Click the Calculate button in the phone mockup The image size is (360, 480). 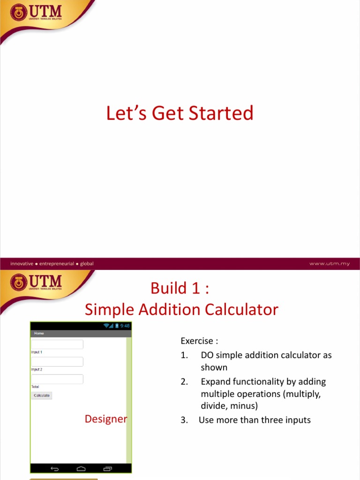click(42, 396)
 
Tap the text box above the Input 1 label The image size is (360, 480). click(57, 345)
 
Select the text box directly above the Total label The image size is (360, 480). click(57, 379)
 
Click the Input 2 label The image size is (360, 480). click(37, 369)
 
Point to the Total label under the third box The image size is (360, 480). click(35, 387)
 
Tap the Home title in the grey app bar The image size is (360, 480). click(39, 333)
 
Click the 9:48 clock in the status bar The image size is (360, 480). click(125, 326)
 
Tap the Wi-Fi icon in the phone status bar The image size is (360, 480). click(106, 326)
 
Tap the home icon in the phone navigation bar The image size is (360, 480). click(81, 468)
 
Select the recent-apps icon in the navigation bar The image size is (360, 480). click(108, 468)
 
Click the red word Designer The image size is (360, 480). click(106, 419)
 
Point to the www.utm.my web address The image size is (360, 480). click(329, 263)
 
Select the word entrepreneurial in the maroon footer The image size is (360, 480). click(57, 263)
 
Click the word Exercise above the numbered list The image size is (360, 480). click(197, 340)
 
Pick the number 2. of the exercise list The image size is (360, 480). click(184, 382)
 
